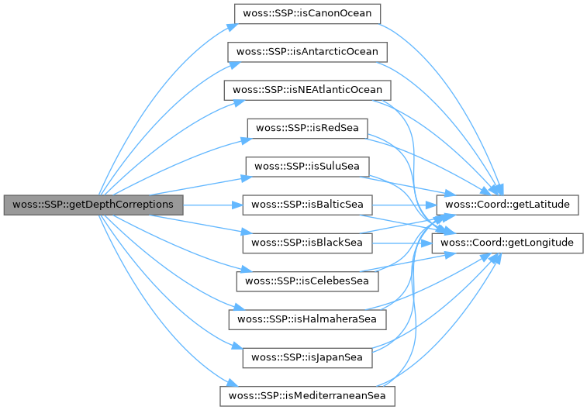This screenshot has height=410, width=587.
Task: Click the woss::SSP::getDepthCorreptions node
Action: point(93,205)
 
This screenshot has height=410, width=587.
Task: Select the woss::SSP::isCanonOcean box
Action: point(306,14)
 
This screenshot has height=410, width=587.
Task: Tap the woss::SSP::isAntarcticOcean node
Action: point(306,52)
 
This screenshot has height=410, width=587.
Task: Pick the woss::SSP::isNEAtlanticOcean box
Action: point(306,90)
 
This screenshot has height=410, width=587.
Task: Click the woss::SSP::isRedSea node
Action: point(306,128)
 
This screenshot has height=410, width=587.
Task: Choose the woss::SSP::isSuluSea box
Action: point(306,166)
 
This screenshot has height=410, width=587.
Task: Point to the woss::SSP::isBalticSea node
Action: point(308,205)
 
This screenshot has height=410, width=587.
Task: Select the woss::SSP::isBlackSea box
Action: point(308,243)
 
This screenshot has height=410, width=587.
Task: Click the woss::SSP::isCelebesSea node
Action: point(308,281)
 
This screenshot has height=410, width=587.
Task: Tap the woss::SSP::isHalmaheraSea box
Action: point(306,319)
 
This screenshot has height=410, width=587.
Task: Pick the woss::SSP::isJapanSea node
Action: point(308,357)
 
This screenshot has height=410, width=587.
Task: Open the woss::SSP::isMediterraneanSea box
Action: point(306,395)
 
